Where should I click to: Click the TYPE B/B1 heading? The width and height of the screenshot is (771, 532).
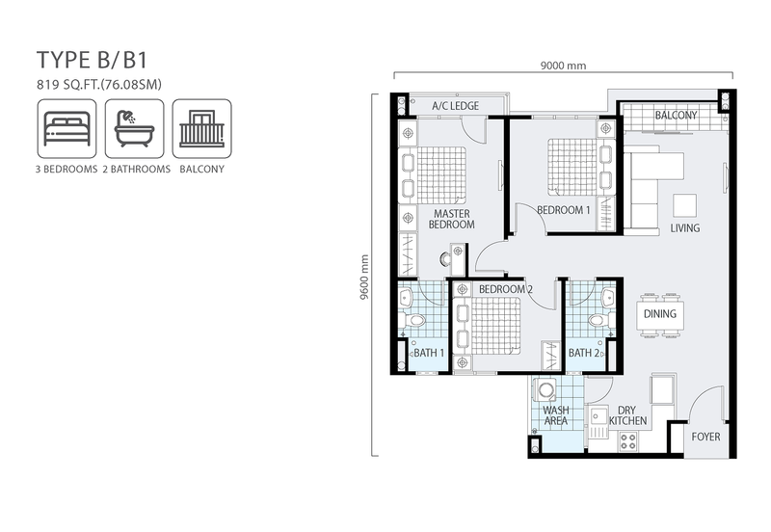[x=92, y=60]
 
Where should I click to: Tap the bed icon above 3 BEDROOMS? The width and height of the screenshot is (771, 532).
[x=66, y=129]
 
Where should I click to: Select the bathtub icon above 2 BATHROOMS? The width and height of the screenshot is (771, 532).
[x=134, y=129]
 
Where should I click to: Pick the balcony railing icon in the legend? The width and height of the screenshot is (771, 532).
[x=201, y=129]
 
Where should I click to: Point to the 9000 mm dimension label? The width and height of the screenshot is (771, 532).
[x=564, y=66]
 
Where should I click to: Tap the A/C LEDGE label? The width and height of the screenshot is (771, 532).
[x=455, y=106]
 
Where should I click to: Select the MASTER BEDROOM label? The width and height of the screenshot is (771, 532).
[x=452, y=220]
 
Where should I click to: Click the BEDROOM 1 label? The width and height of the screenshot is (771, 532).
[x=564, y=210]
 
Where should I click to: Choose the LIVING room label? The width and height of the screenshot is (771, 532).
[x=685, y=228]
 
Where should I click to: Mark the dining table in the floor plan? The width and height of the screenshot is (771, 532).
[x=660, y=314]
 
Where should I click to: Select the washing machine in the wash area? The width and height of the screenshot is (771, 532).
[x=545, y=390]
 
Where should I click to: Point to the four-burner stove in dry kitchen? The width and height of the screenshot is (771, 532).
[x=628, y=440]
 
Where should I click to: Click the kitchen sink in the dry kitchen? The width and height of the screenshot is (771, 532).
[x=598, y=423]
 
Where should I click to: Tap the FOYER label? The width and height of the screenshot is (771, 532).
[x=705, y=437]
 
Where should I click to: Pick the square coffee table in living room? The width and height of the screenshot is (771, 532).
[x=684, y=205]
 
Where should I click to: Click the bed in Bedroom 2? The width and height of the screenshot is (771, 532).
[x=488, y=325]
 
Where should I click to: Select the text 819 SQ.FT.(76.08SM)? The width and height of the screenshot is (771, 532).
[x=99, y=85]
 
